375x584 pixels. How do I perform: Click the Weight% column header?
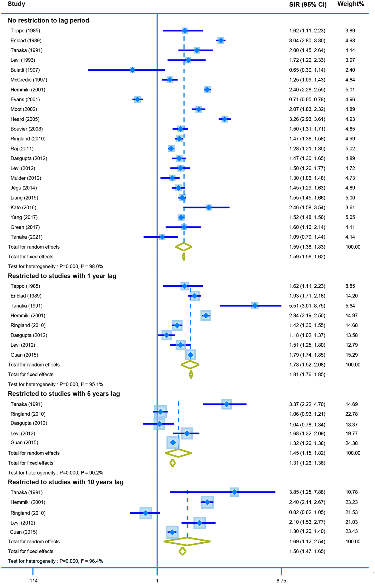[x=351, y=4]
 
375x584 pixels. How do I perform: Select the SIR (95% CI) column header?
[x=307, y=5]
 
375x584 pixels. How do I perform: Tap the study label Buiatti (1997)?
[x=25, y=70]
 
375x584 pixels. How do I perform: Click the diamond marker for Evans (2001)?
[x=137, y=99]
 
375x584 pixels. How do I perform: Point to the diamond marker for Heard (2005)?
[x=225, y=119]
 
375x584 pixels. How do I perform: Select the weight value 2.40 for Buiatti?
[x=350, y=70]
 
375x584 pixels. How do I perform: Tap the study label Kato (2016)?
[x=23, y=207]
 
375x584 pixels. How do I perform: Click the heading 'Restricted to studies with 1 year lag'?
[x=62, y=276]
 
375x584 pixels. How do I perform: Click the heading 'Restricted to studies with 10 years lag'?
[x=66, y=482]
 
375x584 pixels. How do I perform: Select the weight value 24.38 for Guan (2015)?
[x=352, y=443]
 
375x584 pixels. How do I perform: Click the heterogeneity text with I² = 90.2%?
[x=55, y=473]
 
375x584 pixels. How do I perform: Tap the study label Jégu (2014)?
[x=23, y=188]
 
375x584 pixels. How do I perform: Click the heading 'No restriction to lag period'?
[x=48, y=21]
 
